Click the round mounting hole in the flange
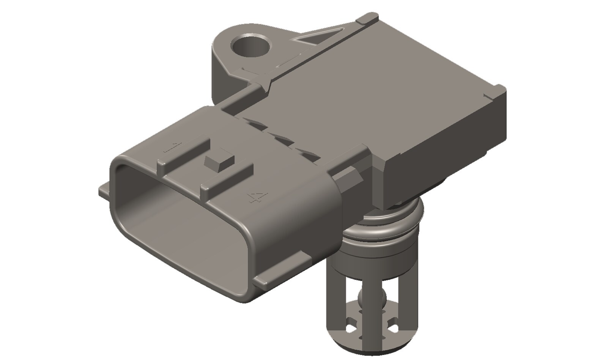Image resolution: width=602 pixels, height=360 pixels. pos(251,47)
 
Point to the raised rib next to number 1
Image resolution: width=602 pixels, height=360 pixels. pos(184,154)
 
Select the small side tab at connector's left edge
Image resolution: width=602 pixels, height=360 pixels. pos(105,190)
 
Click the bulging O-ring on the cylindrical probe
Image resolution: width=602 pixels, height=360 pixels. pos(383,224)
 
